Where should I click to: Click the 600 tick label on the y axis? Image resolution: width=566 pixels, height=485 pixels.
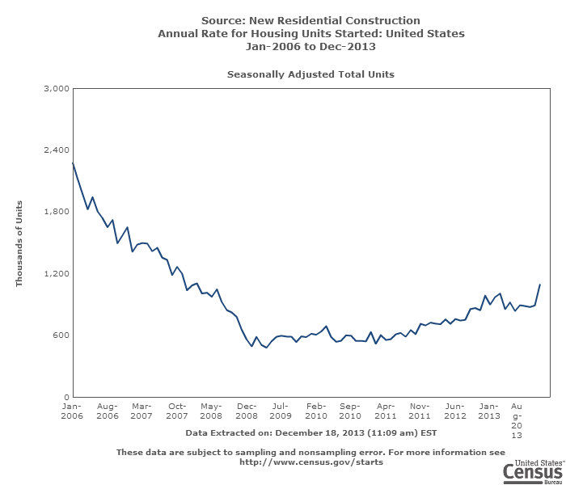[x=60, y=335]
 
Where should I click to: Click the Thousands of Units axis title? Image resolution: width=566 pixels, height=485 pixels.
[x=19, y=243]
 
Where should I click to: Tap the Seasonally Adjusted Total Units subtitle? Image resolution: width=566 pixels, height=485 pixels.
[x=310, y=74]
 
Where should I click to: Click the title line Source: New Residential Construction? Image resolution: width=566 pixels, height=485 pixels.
[x=310, y=20]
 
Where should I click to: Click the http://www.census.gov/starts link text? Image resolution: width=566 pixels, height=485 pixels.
[x=310, y=462]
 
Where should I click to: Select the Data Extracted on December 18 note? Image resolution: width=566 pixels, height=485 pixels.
[x=310, y=433]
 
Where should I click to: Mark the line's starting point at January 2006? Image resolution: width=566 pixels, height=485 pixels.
[x=73, y=163]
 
